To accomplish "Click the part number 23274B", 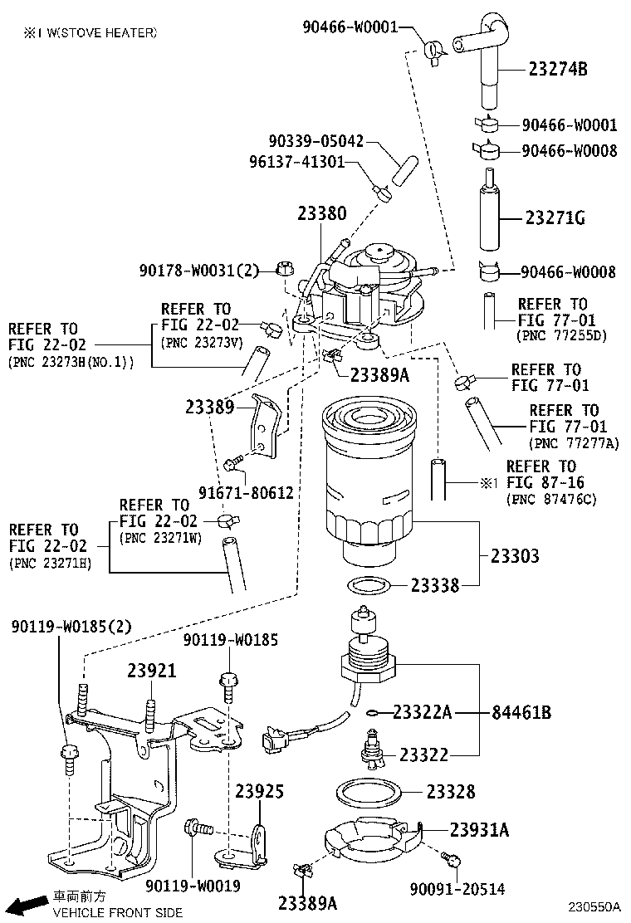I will [x=557, y=70].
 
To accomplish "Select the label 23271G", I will [x=555, y=218].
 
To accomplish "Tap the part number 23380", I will [x=321, y=213].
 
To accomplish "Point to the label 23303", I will [x=514, y=556].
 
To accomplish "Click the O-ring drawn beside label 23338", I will [x=368, y=587].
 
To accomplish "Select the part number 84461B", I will [x=521, y=712].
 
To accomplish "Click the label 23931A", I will [x=479, y=829].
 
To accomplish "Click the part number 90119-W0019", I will [x=193, y=886].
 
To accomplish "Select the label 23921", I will [x=152, y=671].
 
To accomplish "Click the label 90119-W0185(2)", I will [x=71, y=626].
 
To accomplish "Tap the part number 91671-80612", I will [x=246, y=492].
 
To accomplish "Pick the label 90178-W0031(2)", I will [x=200, y=270].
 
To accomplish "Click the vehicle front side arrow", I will [x=31, y=904].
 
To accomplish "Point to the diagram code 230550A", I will [x=595, y=909].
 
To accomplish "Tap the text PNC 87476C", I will [x=551, y=500].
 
